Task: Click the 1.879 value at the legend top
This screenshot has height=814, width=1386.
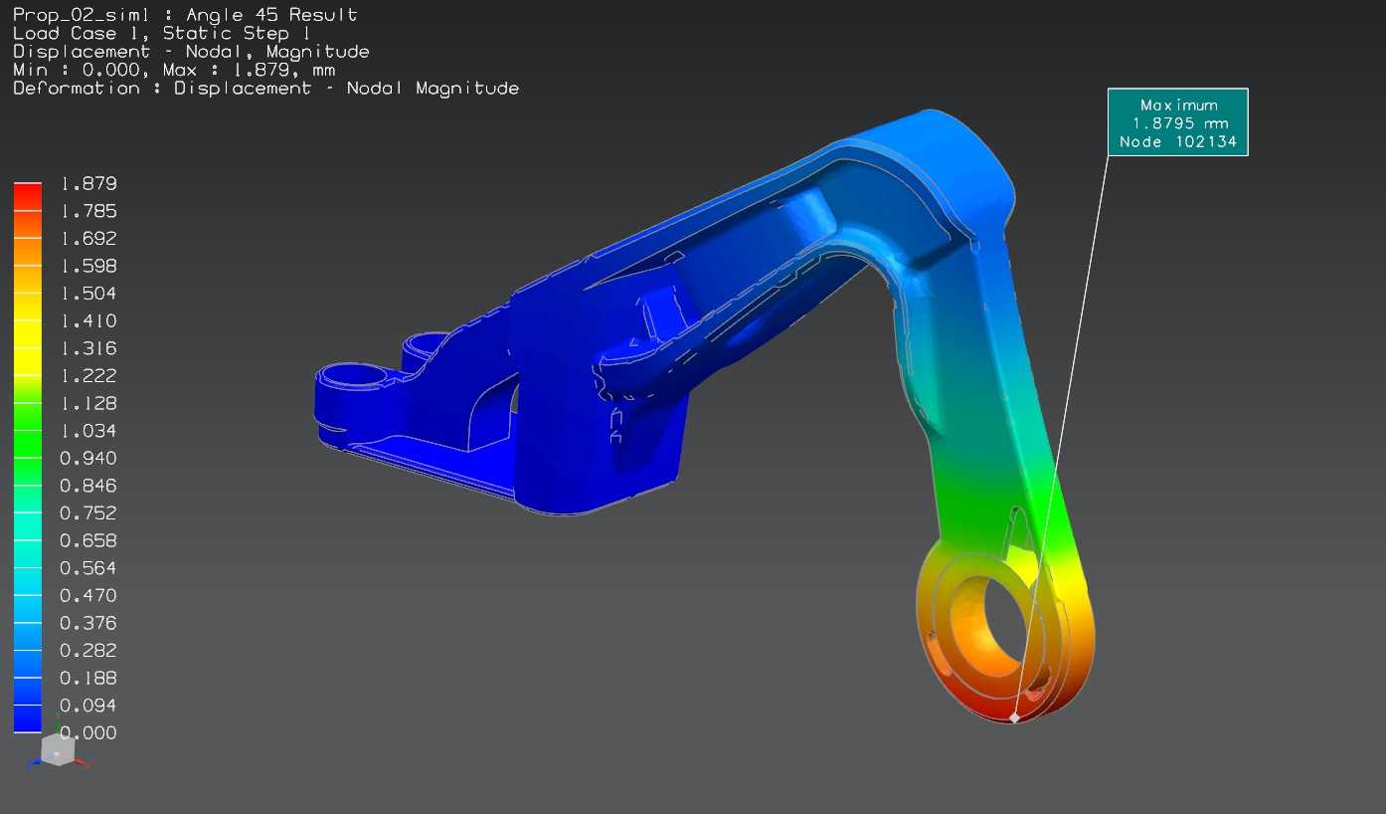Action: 88,183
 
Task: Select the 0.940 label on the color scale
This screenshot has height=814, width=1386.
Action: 88,459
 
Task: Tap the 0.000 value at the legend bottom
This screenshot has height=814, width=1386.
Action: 88,732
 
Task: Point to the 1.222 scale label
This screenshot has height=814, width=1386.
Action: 88,375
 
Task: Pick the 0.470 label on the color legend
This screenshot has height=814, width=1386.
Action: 88,595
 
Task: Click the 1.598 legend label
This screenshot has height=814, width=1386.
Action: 88,266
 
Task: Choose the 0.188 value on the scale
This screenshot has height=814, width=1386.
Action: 88,678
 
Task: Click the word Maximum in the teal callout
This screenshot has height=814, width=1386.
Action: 1179,104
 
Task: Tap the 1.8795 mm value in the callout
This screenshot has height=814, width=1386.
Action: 1180,123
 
